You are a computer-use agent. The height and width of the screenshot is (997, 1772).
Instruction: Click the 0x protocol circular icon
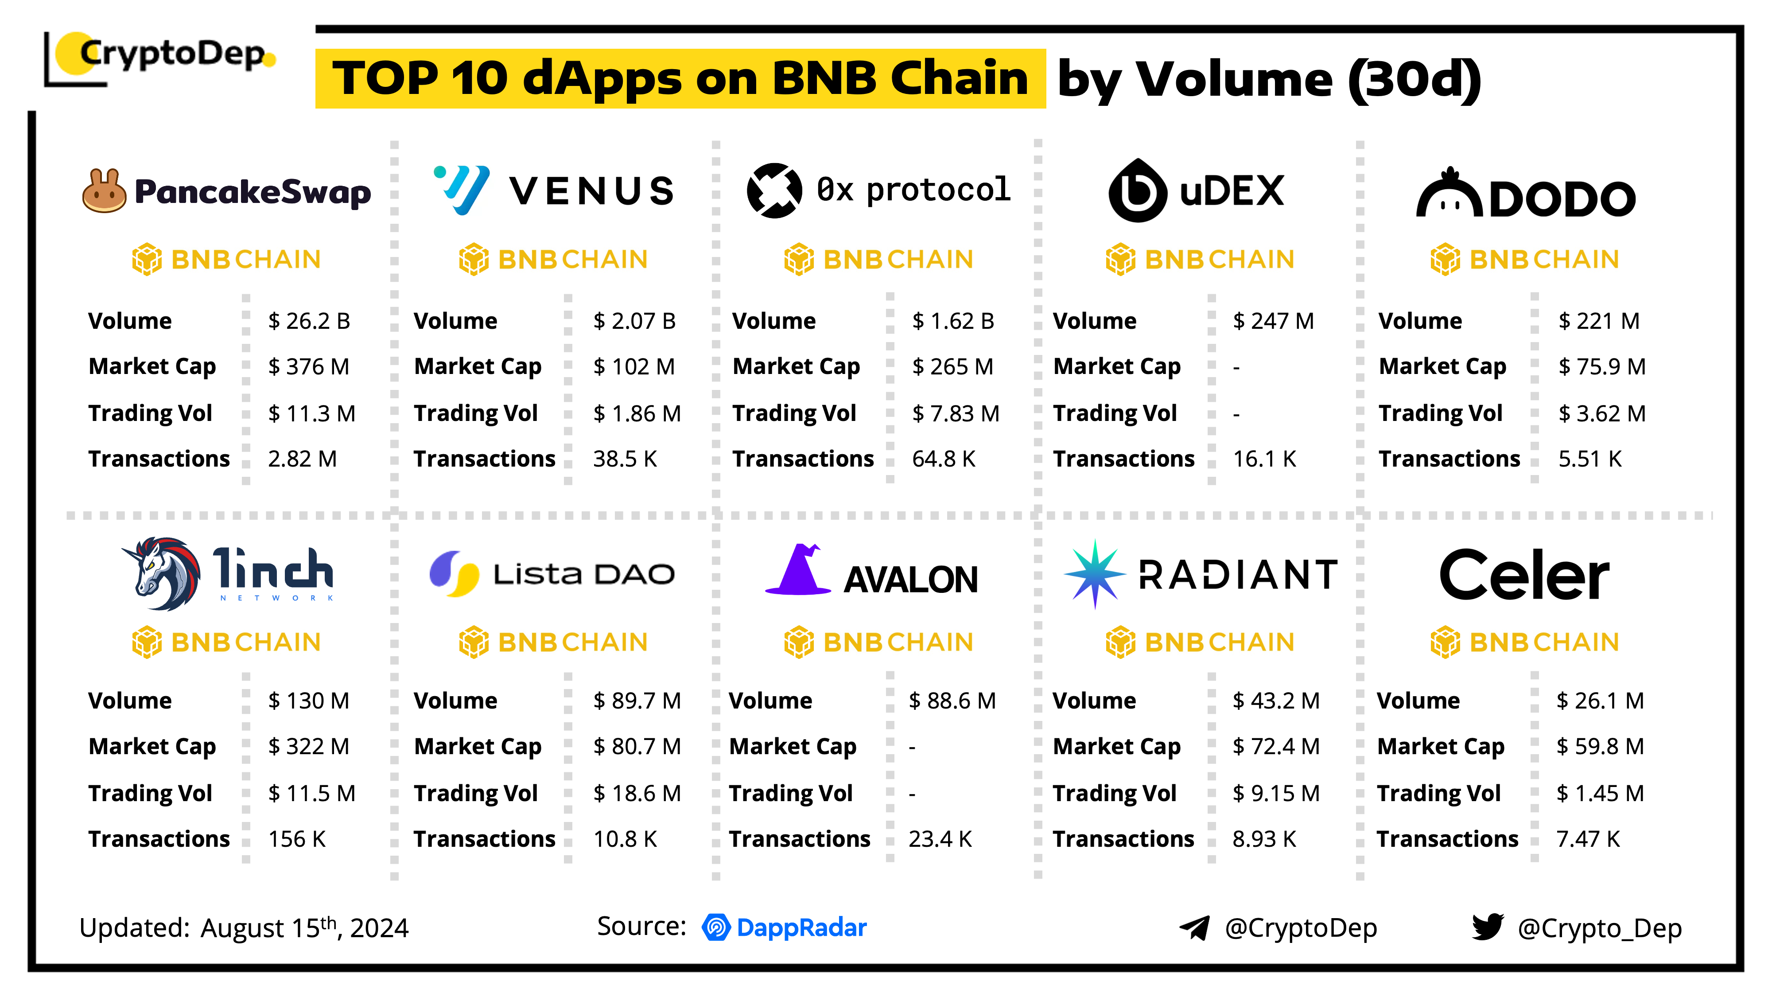pos(774,191)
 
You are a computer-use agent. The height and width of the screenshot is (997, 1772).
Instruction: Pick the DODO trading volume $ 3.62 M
pos(1601,413)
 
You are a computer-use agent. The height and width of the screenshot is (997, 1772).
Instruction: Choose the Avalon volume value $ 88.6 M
pos(952,701)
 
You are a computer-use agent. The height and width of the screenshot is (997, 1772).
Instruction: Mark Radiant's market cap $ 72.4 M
pos(1275,747)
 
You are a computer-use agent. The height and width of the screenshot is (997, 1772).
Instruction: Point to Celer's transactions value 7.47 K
pos(1588,839)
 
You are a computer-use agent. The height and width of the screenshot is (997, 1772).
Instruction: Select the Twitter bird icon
pos(1487,927)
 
